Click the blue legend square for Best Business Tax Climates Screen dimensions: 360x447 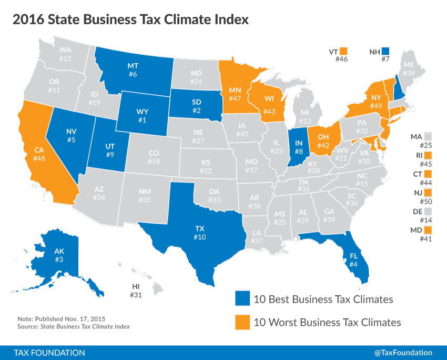242,299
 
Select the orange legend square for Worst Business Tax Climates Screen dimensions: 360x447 242,322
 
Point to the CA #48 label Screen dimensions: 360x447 40,153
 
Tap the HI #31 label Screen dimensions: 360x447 135,291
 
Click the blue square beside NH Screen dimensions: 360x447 385,51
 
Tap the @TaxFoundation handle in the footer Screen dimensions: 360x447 403,352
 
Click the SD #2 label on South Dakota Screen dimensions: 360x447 196,106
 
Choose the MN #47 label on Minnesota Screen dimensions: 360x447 235,94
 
